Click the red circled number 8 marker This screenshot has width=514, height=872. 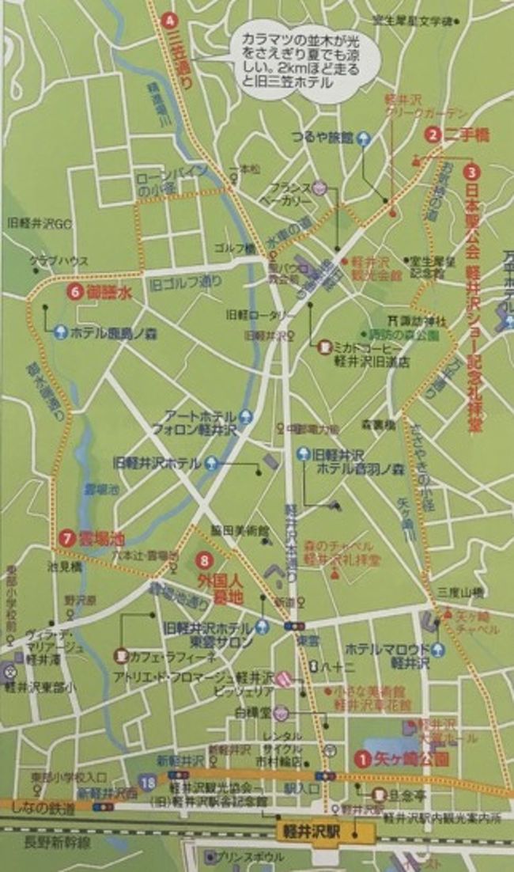(206, 562)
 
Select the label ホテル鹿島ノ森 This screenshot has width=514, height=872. (108, 333)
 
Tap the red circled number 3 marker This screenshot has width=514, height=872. (471, 172)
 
